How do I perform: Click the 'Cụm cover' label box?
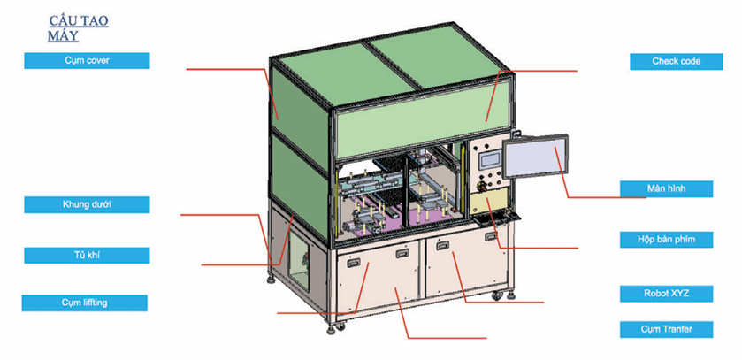(x=87, y=60)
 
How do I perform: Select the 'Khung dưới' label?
(x=87, y=204)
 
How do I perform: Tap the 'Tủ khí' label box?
(x=87, y=255)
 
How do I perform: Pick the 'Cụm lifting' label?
(x=85, y=303)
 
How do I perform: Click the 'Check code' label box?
(x=676, y=61)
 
